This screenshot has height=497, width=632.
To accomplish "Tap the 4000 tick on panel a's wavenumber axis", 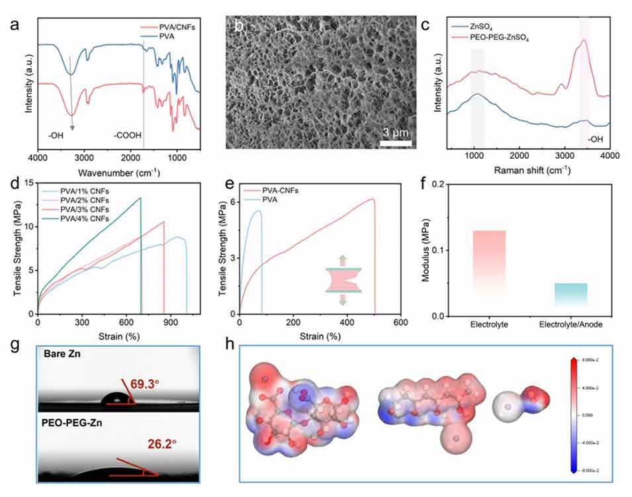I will click(38, 159).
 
